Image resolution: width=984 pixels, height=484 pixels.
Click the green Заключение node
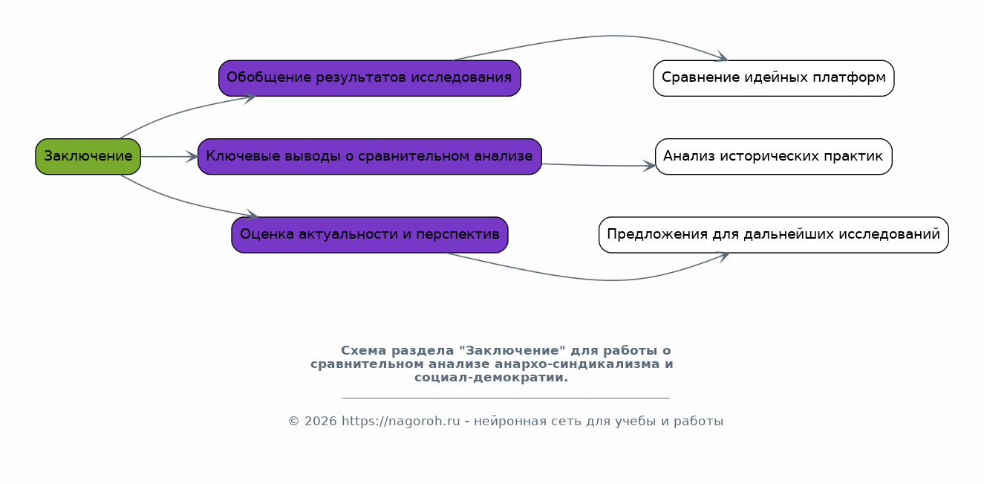pos(88,156)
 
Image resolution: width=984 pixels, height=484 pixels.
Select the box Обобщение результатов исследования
pos(369,78)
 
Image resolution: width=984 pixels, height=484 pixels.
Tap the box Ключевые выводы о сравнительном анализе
pos(369,156)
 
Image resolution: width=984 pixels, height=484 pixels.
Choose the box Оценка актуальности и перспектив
pos(369,235)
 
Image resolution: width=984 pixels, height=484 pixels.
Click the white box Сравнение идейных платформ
pos(774,78)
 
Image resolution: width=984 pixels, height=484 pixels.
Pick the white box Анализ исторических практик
pos(774,156)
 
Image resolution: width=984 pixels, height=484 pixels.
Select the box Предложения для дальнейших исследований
pos(774,235)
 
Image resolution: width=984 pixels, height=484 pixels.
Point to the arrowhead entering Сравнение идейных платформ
pos(723,57)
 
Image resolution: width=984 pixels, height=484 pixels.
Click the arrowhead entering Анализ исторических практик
pos(649,166)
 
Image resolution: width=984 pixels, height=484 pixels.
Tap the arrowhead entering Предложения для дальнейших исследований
pos(723,256)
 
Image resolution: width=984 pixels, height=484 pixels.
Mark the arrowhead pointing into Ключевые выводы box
pos(192,156)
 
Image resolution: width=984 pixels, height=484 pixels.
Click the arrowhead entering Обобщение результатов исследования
pos(250,98)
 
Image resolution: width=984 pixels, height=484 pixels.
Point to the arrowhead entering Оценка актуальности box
pos(252,215)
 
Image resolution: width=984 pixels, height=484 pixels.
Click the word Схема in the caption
pos(364,351)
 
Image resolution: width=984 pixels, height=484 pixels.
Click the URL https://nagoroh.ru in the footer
pos(400,421)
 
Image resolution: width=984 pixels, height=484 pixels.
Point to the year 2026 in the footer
pos(321,421)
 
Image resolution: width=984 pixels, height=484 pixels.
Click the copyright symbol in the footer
pos(294,422)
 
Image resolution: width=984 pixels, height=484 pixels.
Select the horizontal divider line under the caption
pos(506,398)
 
